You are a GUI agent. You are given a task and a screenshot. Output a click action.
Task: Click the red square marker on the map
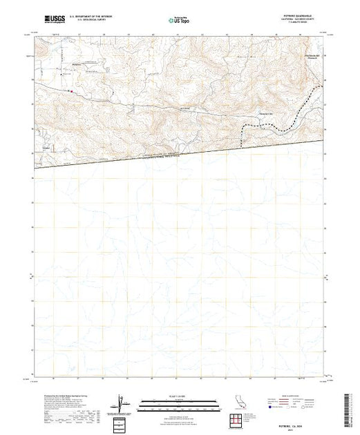coord(69,89)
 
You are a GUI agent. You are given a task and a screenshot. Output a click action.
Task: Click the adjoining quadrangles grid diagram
coord(236,419)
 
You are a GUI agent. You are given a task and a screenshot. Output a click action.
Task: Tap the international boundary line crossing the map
coord(179,152)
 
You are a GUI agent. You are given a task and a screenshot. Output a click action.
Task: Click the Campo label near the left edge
coord(48,148)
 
